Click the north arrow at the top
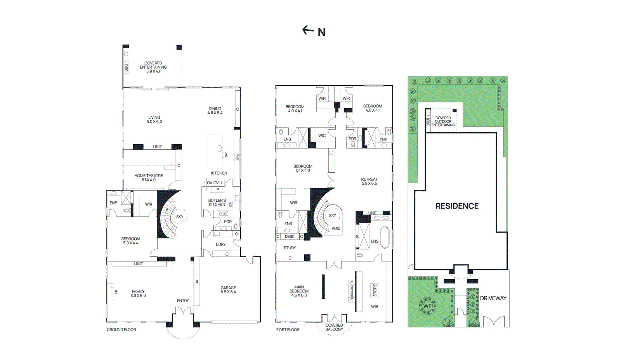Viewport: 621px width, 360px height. tap(314, 31)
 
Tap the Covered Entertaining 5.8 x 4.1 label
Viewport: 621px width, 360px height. tap(153, 67)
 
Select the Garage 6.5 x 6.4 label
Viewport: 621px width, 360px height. tap(228, 290)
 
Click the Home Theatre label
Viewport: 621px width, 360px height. tap(149, 178)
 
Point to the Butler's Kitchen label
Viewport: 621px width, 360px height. tap(217, 202)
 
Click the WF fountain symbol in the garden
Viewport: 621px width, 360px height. tap(427, 306)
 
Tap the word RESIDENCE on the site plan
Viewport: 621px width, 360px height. tap(457, 206)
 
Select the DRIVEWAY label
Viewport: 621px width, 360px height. tap(493, 298)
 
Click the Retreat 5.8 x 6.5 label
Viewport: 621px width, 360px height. tap(369, 181)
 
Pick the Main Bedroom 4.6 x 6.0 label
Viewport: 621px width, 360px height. tap(299, 291)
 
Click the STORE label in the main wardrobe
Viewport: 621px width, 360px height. tap(375, 290)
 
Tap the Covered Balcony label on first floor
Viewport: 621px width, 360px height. tap(334, 327)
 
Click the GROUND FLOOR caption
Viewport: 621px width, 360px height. tap(121, 330)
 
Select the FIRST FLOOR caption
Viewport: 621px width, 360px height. tap(288, 330)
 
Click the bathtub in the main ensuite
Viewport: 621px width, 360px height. tap(384, 237)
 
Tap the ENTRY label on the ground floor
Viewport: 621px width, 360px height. tap(183, 301)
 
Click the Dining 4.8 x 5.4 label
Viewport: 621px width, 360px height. tap(215, 111)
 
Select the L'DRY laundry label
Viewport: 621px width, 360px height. tap(221, 244)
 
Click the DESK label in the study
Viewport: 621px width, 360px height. tap(290, 236)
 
